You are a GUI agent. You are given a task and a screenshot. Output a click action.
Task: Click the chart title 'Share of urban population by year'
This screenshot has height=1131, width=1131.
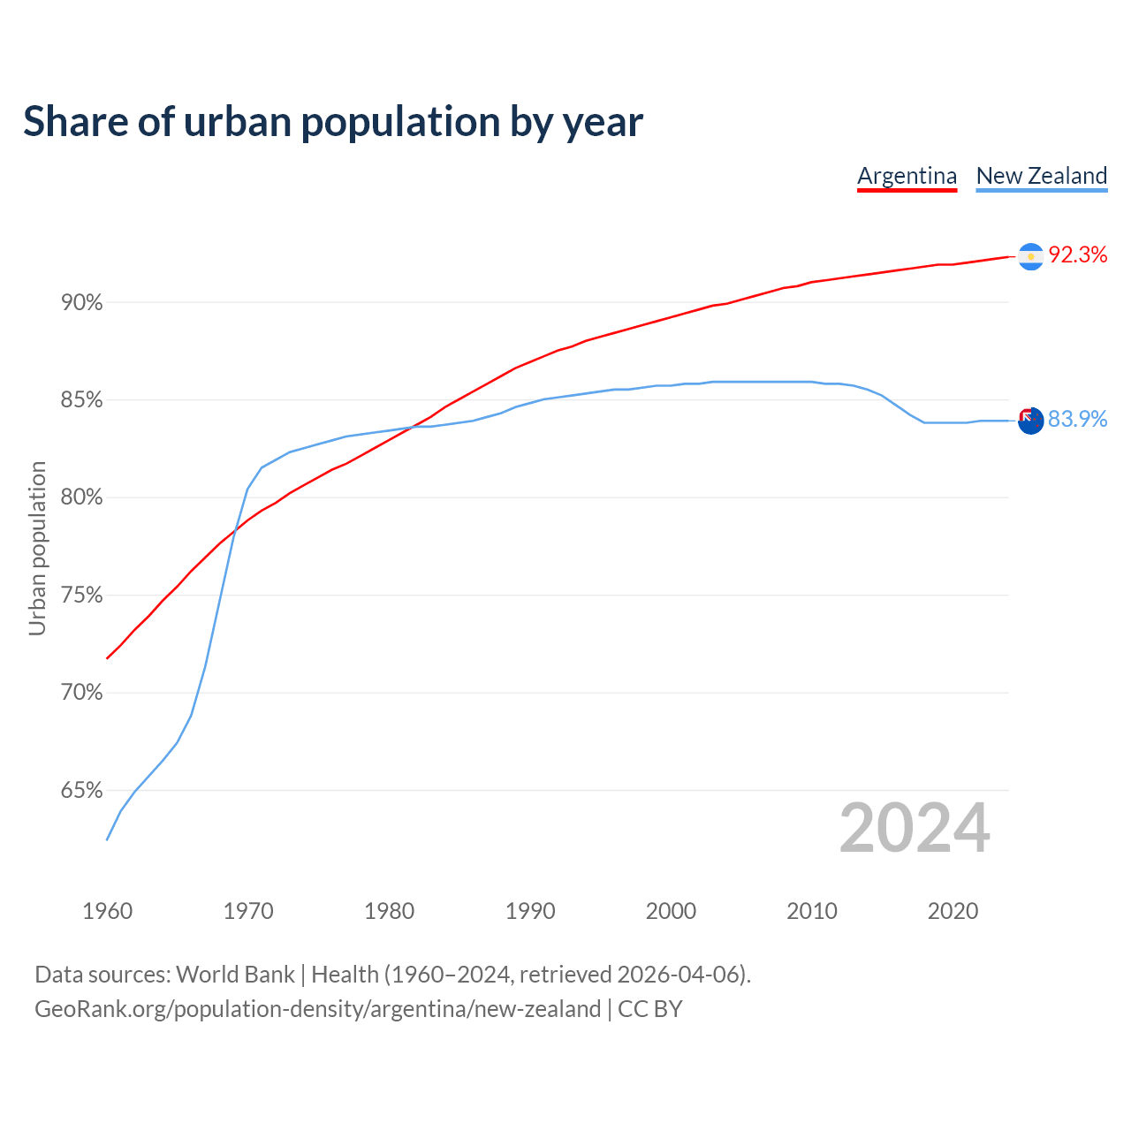pyautogui.click(x=333, y=122)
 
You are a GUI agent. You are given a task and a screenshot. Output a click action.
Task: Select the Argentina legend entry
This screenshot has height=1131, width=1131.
pyautogui.click(x=907, y=176)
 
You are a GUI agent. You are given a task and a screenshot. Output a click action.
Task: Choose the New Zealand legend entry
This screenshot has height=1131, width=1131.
pyautogui.click(x=1041, y=176)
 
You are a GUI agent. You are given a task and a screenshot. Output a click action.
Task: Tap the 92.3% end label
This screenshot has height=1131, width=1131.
pyautogui.click(x=1077, y=255)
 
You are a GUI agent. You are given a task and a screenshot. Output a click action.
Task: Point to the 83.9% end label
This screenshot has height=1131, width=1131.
pyautogui.click(x=1077, y=419)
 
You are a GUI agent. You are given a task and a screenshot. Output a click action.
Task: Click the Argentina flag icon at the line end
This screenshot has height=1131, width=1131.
pyautogui.click(x=1030, y=256)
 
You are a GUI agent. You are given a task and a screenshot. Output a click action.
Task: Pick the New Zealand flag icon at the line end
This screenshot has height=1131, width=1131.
pyautogui.click(x=1030, y=421)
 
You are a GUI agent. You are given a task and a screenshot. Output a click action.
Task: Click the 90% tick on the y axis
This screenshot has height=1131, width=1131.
pyautogui.click(x=81, y=303)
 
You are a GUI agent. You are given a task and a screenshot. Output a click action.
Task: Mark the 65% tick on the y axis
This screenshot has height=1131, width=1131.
pyautogui.click(x=81, y=791)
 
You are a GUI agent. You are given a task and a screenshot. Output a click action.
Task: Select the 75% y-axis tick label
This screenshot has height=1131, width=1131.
pyautogui.click(x=81, y=596)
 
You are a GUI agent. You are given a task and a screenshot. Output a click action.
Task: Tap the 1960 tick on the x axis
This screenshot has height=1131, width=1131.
pyautogui.click(x=108, y=911)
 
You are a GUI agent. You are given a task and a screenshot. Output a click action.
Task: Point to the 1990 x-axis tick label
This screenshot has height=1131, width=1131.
pyautogui.click(x=530, y=911)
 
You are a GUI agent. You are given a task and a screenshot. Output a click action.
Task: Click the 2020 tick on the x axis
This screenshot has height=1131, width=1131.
pyautogui.click(x=953, y=911)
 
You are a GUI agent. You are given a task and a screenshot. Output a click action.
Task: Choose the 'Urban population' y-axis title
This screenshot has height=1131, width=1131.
pyautogui.click(x=37, y=548)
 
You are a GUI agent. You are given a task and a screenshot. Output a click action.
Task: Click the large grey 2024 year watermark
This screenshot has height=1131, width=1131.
pyautogui.click(x=915, y=828)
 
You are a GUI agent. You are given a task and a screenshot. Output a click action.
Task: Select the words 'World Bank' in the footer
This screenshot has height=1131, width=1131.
pyautogui.click(x=235, y=975)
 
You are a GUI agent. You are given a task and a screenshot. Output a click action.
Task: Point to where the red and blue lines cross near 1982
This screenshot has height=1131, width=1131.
pyautogui.click(x=414, y=427)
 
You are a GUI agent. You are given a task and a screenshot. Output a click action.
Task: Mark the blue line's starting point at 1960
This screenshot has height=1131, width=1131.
pyautogui.click(x=107, y=839)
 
